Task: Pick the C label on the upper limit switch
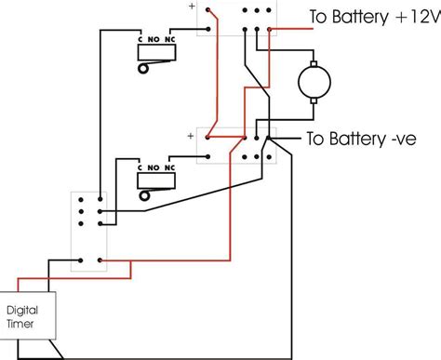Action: click(x=140, y=39)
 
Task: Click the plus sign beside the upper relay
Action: click(x=192, y=7)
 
